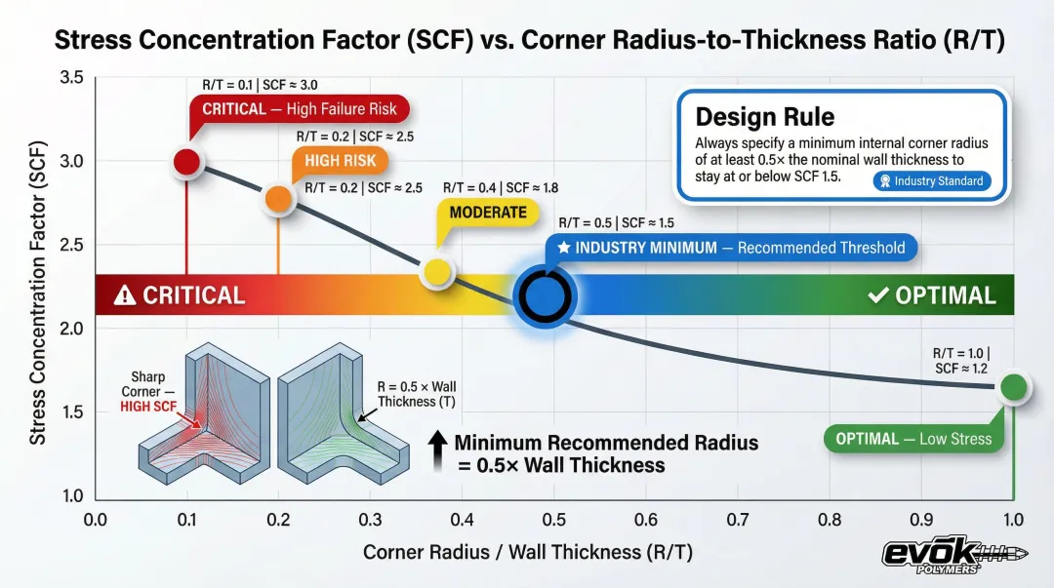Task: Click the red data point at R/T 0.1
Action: click(x=186, y=163)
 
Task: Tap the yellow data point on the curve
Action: click(x=437, y=272)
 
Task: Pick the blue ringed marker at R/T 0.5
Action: click(x=545, y=294)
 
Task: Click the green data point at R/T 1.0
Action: click(x=1014, y=386)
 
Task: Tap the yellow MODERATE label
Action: click(x=487, y=212)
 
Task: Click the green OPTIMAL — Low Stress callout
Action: click(x=912, y=439)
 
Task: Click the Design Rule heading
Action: click(x=764, y=118)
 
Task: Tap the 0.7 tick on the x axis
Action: click(x=738, y=520)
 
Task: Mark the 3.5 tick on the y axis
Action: click(x=71, y=77)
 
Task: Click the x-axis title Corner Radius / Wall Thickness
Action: click(x=527, y=552)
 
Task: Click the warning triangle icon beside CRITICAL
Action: click(x=125, y=295)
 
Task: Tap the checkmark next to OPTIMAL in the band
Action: click(x=876, y=294)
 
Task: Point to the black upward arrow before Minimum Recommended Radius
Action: click(x=438, y=452)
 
